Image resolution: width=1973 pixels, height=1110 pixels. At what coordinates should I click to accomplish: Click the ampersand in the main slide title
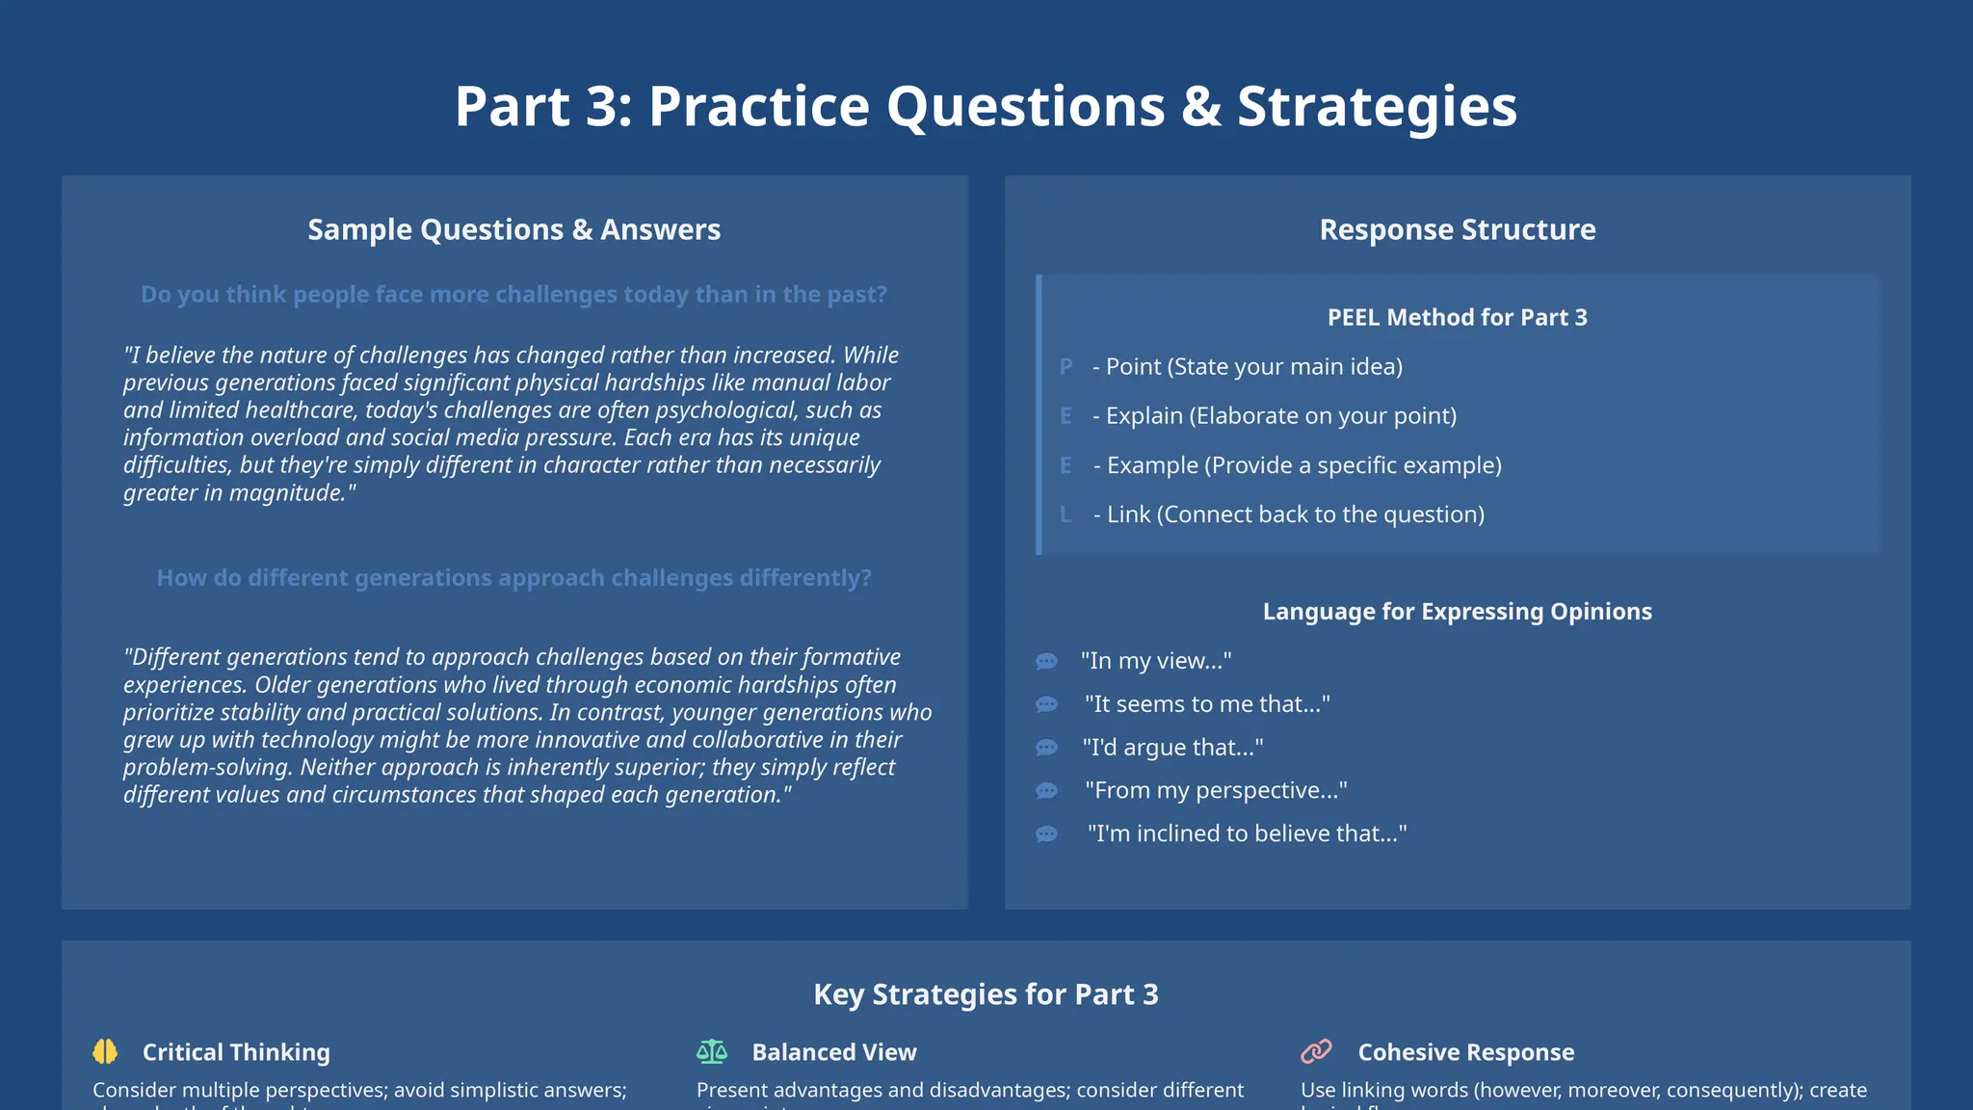tap(1200, 107)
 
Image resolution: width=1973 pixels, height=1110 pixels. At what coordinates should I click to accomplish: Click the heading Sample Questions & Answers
tap(513, 230)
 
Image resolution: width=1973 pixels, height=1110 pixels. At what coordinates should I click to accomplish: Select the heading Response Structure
tap(1457, 230)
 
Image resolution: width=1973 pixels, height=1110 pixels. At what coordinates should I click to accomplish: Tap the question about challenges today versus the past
tap(513, 295)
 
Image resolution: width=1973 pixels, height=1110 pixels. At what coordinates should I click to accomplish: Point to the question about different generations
tap(513, 578)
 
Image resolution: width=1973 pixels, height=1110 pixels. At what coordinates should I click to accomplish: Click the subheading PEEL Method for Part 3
tap(1457, 318)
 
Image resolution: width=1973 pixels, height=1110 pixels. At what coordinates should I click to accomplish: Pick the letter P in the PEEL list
tap(1065, 367)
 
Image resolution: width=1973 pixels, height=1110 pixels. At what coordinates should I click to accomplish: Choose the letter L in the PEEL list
tap(1065, 515)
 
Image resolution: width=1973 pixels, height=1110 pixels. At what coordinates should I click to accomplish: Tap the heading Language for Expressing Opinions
tap(1457, 612)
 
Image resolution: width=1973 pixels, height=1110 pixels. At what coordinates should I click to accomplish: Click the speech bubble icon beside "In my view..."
tap(1046, 661)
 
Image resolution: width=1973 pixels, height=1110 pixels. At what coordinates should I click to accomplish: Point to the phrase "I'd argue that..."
tap(1172, 748)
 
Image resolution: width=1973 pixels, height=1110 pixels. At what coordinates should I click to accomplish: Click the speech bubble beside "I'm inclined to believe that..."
tap(1046, 834)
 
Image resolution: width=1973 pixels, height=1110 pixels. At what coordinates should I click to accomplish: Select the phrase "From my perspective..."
tap(1216, 791)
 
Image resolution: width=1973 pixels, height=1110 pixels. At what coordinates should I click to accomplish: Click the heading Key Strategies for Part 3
tap(986, 994)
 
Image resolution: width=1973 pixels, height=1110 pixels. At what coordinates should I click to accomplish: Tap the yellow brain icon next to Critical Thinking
tap(105, 1052)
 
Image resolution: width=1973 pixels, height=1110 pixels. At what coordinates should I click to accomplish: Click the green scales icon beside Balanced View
tap(712, 1052)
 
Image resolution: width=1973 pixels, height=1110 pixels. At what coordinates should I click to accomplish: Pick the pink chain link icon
tap(1316, 1051)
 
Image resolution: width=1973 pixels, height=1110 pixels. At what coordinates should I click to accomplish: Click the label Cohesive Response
tap(1465, 1053)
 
